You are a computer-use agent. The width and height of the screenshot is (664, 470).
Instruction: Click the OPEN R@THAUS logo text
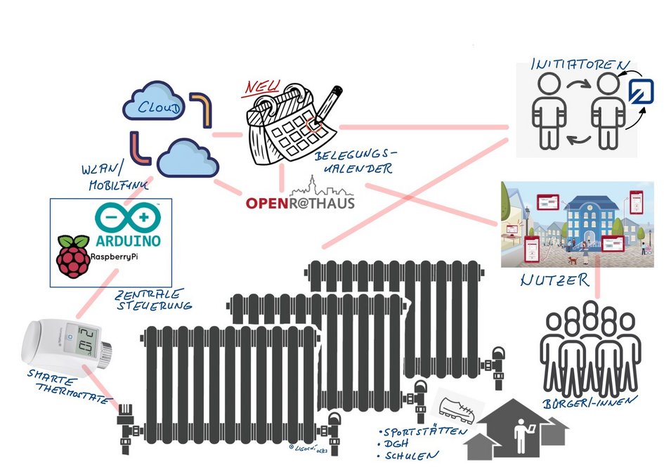click(300, 203)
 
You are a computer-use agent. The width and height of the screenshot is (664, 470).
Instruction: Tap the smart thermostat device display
click(86, 340)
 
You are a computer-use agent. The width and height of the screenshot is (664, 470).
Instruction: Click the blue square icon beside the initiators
click(641, 92)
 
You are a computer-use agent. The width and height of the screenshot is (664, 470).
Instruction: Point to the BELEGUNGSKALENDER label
click(355, 161)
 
